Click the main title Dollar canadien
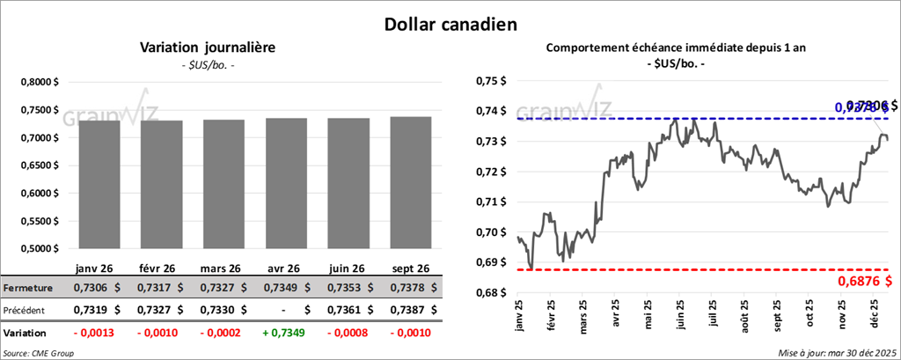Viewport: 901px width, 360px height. (450, 23)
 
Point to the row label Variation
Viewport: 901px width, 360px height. (25, 334)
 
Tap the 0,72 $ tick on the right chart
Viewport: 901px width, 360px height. (490, 172)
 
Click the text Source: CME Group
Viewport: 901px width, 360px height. (39, 352)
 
